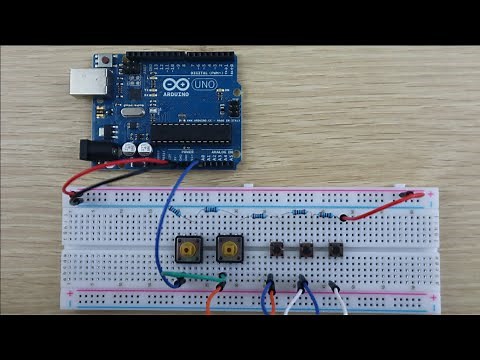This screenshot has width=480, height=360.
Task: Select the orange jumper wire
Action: pyautogui.click(x=213, y=297)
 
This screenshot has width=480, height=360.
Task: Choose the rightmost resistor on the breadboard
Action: pyautogui.click(x=326, y=213)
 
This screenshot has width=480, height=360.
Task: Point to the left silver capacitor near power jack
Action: pyautogui.click(x=131, y=147)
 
